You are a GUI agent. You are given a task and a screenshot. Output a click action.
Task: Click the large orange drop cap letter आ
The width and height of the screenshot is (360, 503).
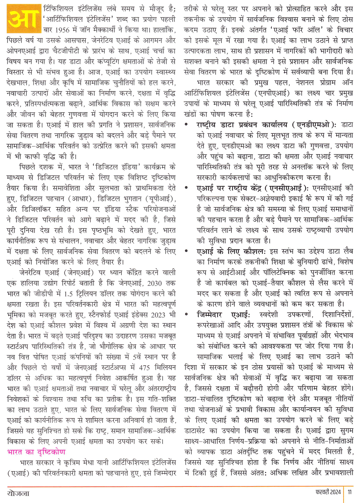[x=23, y=18]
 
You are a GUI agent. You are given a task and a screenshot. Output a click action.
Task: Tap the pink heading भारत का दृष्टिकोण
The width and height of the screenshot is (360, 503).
[x=36, y=452]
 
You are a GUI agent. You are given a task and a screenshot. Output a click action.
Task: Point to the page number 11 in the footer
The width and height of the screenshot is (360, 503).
[x=350, y=492]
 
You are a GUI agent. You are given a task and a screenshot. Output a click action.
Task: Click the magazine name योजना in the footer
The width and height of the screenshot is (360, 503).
[x=18, y=493]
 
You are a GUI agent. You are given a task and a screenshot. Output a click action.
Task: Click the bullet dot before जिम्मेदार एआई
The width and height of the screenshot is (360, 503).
[x=186, y=315]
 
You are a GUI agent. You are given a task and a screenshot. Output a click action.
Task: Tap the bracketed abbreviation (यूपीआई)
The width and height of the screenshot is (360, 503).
[x=160, y=199]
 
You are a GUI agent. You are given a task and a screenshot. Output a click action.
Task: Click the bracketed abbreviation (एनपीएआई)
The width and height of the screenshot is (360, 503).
[x=271, y=93]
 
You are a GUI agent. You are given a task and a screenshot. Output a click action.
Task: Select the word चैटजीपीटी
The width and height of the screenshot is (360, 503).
[x=81, y=51]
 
